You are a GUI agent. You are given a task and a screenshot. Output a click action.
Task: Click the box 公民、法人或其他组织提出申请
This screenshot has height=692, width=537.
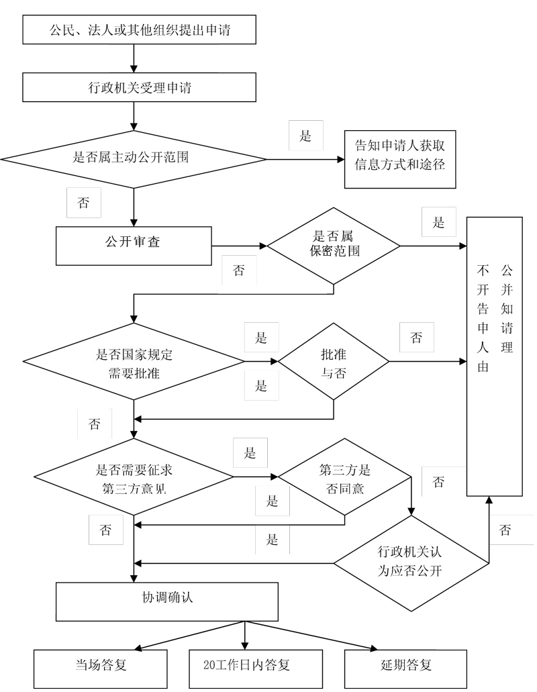pyautogui.click(x=139, y=30)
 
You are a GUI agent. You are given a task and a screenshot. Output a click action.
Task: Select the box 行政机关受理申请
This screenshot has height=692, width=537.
pyautogui.click(x=139, y=87)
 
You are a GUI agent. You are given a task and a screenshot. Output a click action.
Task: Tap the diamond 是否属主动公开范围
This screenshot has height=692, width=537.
pyautogui.click(x=134, y=159)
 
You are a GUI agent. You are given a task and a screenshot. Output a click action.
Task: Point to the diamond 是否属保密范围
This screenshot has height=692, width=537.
pyautogui.click(x=334, y=246)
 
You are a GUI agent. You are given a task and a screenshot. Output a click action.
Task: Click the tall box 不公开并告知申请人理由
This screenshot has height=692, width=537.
pyautogui.click(x=495, y=356)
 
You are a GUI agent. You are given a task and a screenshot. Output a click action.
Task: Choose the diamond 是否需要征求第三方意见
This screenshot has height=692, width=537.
pyautogui.click(x=134, y=479)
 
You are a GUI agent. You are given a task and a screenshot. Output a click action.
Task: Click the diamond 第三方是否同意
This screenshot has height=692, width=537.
pyautogui.click(x=344, y=479)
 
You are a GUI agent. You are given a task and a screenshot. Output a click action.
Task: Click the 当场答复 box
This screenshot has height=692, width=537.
pyautogui.click(x=101, y=669)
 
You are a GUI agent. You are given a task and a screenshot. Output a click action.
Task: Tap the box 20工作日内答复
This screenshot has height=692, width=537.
pyautogui.click(x=246, y=669)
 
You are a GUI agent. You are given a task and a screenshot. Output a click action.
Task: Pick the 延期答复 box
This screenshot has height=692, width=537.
pyautogui.click(x=405, y=669)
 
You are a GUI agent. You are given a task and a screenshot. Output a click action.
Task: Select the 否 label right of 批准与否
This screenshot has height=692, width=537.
pyautogui.click(x=417, y=338)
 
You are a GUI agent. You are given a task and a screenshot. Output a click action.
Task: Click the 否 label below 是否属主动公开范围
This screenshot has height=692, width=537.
pyautogui.click(x=84, y=203)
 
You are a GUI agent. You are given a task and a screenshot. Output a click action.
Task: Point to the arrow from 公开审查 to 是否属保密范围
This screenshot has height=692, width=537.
pyautogui.click(x=240, y=246)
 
